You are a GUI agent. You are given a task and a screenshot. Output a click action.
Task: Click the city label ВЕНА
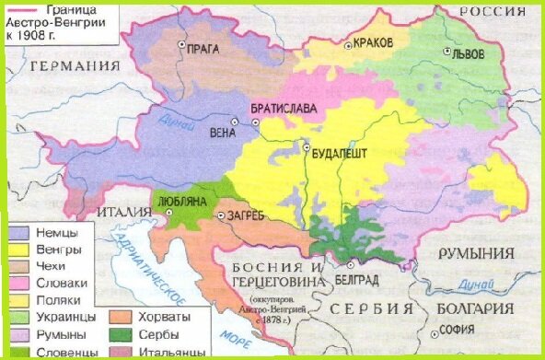point(223,133)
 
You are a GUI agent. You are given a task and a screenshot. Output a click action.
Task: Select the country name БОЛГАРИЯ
point(476,309)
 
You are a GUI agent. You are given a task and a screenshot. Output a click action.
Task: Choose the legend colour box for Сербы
point(121,334)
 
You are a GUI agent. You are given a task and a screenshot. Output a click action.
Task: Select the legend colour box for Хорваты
point(121,317)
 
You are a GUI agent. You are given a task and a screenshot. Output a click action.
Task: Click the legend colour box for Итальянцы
point(121,352)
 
